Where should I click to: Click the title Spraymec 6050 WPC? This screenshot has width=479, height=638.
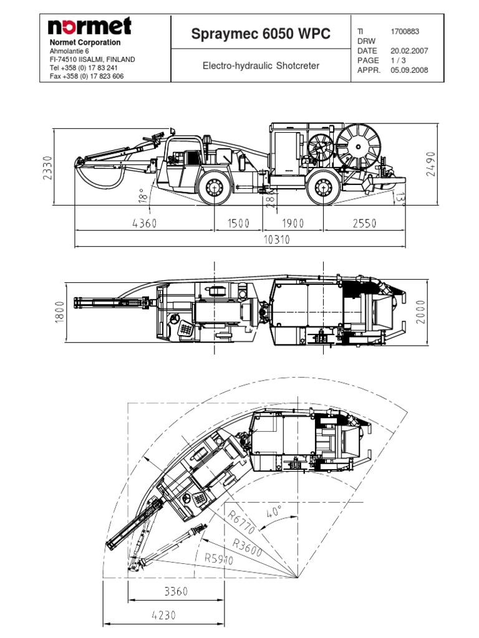point(261,34)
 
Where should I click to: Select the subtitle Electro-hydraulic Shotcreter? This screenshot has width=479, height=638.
point(261,65)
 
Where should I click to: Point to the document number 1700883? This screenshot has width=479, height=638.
point(405,31)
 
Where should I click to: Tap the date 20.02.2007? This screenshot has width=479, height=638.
point(409,50)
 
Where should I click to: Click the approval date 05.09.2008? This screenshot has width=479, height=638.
point(409,70)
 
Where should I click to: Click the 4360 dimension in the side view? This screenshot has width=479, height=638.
point(145,223)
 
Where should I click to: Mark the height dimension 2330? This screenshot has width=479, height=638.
point(48,167)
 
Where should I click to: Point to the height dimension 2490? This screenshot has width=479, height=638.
point(431,164)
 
